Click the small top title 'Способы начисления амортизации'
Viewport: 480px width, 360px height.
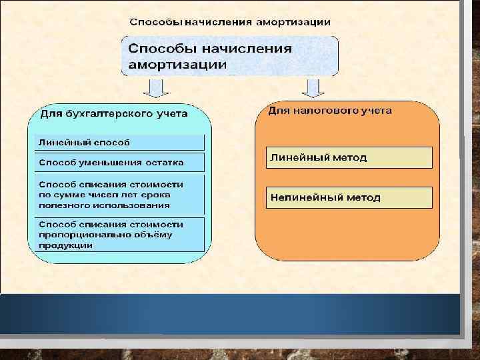click(229, 21)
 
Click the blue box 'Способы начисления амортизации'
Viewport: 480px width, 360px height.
click(229, 56)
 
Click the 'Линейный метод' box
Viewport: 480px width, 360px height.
click(349, 158)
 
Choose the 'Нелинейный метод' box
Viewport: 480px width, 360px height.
click(349, 197)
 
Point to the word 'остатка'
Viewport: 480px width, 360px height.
click(166, 162)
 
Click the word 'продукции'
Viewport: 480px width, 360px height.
click(65, 245)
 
